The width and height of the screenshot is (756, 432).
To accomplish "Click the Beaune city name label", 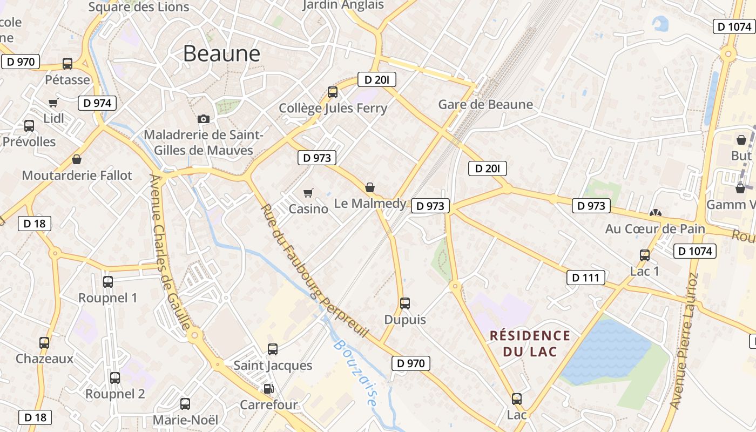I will click(221, 53).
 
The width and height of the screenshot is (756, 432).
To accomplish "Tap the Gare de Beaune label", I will click(485, 104).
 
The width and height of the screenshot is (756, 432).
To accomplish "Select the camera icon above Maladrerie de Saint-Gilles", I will click(204, 119).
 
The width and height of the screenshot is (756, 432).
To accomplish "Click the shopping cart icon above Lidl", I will click(53, 103).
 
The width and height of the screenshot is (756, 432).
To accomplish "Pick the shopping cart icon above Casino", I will click(308, 193).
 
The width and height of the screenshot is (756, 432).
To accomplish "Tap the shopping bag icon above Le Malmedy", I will click(370, 187).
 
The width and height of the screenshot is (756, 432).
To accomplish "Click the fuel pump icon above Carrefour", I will click(268, 388).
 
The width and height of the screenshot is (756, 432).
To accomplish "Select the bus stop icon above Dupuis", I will click(405, 303).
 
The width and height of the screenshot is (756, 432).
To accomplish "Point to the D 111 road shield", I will click(585, 278).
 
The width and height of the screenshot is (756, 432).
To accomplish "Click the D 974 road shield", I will click(97, 103).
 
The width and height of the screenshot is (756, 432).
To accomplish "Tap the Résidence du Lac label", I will click(530, 343).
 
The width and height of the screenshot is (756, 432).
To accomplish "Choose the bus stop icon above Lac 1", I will click(645, 255).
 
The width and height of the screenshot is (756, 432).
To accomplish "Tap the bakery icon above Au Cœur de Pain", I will click(656, 213).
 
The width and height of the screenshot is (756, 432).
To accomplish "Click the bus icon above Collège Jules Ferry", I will click(333, 92).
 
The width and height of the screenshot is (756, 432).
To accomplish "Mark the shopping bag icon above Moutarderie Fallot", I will click(77, 160).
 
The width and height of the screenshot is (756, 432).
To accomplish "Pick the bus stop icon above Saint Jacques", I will click(273, 349).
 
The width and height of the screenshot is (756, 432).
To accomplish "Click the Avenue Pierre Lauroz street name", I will click(684, 340).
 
